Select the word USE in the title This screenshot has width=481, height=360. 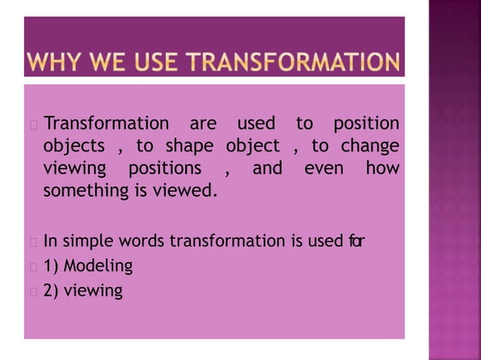click(151, 62)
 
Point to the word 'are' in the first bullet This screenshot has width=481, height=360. click(203, 123)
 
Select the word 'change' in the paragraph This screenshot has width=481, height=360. click(369, 145)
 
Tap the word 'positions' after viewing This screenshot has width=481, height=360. click(165, 168)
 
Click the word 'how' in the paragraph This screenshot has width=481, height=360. click(382, 168)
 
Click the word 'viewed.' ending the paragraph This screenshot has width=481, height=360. click(185, 191)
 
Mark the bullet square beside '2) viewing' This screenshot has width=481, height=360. click(32, 291)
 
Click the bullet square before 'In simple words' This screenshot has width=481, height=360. click(32, 243)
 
